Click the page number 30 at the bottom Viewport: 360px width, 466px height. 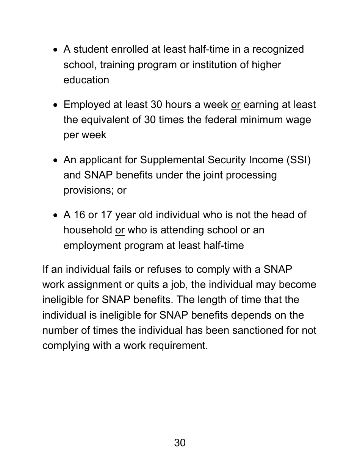tap(180, 443)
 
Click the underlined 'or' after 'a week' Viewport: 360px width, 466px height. tap(236, 105)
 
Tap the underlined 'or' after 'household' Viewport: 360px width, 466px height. tap(120, 230)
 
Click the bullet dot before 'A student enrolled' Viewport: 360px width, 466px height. tap(56, 50)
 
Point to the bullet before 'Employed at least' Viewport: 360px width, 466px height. tap(56, 105)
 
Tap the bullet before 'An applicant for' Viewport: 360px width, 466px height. tap(56, 161)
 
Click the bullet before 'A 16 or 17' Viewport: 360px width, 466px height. tap(56, 216)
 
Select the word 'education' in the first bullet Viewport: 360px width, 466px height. tap(86, 80)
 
